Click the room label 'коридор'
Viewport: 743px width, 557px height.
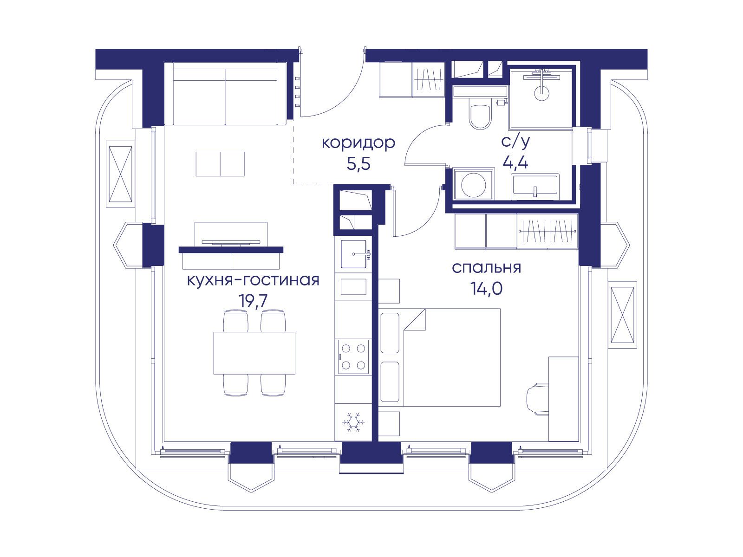[x=358, y=143]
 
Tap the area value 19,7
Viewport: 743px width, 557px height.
[x=253, y=300]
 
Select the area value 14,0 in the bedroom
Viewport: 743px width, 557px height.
[x=486, y=288]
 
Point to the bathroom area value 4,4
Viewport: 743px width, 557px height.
[x=515, y=163]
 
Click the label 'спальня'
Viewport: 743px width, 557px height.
[x=486, y=268]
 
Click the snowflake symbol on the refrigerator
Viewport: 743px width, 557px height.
[x=353, y=422]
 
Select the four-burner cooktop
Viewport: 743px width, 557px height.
[x=353, y=357]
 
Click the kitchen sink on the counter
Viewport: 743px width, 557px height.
[x=354, y=254]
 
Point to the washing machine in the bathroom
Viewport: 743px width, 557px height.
[x=473, y=184]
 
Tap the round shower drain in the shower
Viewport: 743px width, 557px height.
[x=542, y=92]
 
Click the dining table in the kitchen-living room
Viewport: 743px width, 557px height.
[x=254, y=353]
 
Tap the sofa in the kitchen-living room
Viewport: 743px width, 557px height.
[x=225, y=94]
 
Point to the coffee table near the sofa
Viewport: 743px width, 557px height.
[x=221, y=164]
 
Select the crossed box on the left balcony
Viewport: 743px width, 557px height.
[x=120, y=174]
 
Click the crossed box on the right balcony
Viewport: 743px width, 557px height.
[x=622, y=315]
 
